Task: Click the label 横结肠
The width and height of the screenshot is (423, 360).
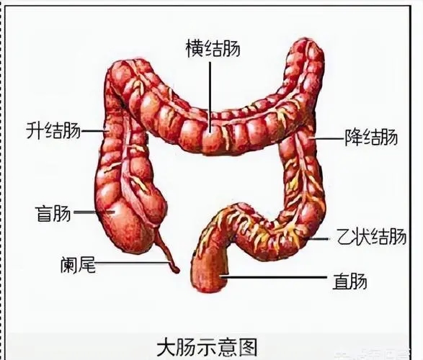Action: (213, 48)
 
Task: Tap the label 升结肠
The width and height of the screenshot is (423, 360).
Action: (53, 130)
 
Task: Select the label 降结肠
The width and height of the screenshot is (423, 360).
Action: (371, 137)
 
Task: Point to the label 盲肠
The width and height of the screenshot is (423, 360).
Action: (53, 212)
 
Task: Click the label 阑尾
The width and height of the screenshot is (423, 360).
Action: (78, 264)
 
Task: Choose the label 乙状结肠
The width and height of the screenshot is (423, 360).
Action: (371, 236)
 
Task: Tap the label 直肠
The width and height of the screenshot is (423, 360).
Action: (349, 281)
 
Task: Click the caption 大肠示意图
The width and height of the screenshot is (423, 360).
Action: (207, 348)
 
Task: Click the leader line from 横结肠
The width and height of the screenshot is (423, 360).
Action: (210, 96)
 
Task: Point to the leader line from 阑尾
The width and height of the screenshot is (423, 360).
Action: (133, 263)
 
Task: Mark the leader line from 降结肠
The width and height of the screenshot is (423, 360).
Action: (327, 138)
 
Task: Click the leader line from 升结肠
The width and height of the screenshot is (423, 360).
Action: (94, 131)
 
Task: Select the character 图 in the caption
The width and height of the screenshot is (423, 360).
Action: (248, 348)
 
